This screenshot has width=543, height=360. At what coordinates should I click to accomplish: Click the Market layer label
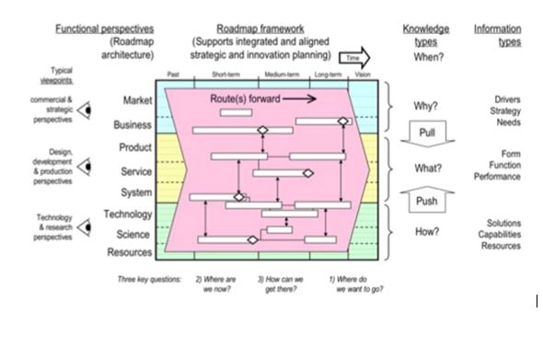pyautogui.click(x=137, y=99)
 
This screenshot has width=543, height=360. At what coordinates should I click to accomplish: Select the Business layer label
pyautogui.click(x=133, y=124)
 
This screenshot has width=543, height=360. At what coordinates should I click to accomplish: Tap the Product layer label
pyautogui.click(x=135, y=147)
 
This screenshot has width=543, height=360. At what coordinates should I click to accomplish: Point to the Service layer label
pyautogui.click(x=135, y=171)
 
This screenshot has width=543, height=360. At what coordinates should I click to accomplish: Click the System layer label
pyautogui.click(x=136, y=193)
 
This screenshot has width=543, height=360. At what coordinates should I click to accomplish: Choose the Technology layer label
pyautogui.click(x=128, y=215)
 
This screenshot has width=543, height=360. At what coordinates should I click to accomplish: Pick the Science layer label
pyautogui.click(x=134, y=234)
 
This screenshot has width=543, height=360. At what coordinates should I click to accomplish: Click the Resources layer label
pyautogui.click(x=129, y=252)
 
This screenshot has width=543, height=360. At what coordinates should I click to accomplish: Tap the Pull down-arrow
pyautogui.click(x=426, y=134)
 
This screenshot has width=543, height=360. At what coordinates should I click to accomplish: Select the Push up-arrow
pyautogui.click(x=426, y=199)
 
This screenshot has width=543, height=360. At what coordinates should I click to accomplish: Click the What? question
pyautogui.click(x=426, y=168)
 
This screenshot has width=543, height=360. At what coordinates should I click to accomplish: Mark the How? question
pyautogui.click(x=426, y=232)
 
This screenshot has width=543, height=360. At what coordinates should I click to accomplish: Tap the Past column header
pyautogui.click(x=173, y=75)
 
